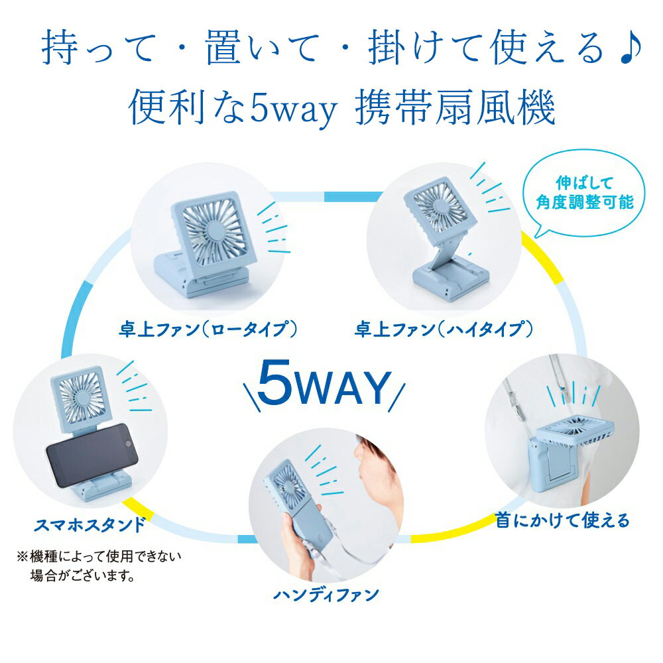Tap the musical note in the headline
coord(631,47)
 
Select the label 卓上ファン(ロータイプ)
coord(208,329)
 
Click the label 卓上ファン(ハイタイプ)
coord(444,329)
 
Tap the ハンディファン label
coord(326,595)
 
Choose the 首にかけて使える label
coord(563,520)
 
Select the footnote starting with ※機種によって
coord(99,566)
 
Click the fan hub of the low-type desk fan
coord(215,231)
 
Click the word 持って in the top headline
coord(97,47)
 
